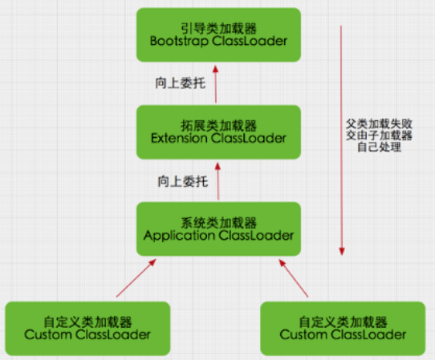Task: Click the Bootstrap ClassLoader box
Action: (x=218, y=35)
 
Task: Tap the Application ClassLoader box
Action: (x=218, y=228)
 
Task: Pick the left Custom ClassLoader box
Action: (x=87, y=328)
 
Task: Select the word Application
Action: (x=178, y=236)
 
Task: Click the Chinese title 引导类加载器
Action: (x=218, y=27)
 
